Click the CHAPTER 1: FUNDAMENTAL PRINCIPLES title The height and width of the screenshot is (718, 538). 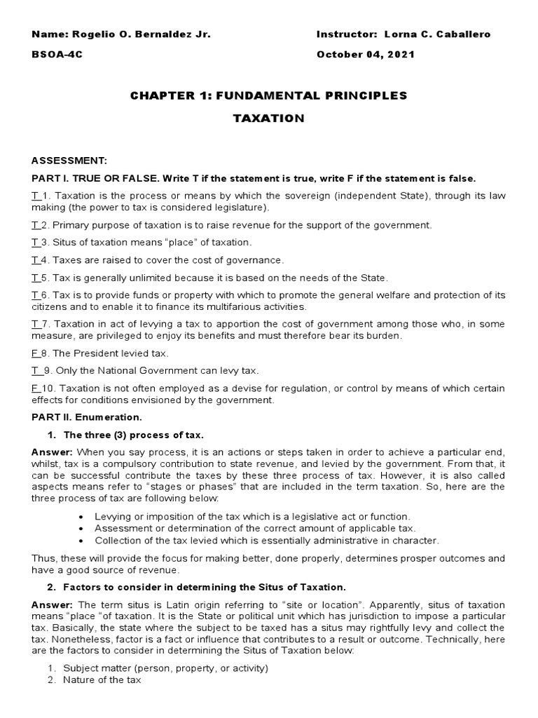[268, 95]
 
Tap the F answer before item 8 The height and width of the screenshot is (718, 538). [34, 353]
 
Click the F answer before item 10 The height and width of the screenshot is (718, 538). [34, 388]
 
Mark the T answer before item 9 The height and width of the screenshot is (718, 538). [34, 370]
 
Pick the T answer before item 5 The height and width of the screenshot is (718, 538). [34, 278]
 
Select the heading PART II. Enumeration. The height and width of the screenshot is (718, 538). [85, 417]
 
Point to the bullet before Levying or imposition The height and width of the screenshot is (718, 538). [83, 516]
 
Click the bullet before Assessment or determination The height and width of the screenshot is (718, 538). [83, 528]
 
